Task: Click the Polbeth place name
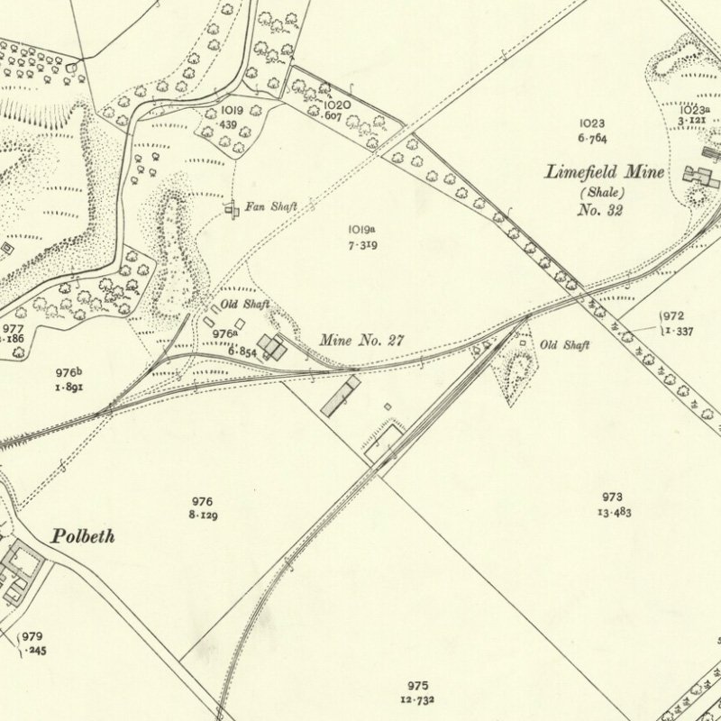(83, 536)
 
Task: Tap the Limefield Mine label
(605, 172)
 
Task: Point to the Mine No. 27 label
(362, 341)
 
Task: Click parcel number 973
(613, 497)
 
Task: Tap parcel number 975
(416, 685)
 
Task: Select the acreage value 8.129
(203, 516)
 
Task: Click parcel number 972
(673, 316)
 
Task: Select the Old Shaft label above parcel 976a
(245, 305)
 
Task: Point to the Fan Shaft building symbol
(233, 209)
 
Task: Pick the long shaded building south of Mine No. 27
(341, 397)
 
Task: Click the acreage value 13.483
(612, 513)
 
